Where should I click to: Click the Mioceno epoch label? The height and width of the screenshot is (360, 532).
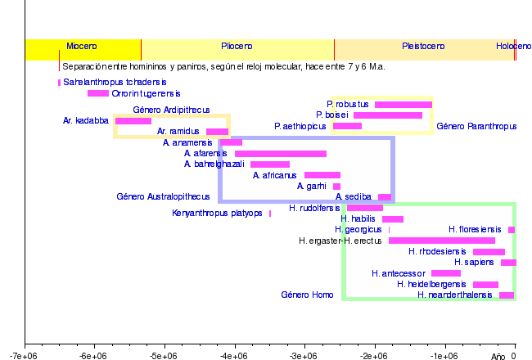[82, 47]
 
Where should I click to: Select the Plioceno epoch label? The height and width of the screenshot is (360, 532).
[237, 47]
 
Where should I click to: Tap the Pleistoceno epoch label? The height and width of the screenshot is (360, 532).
[423, 47]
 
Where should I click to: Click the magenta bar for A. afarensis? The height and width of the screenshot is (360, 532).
[281, 154]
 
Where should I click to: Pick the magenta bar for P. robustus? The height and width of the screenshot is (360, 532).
[403, 105]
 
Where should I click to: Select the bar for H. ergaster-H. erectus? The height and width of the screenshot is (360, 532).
[442, 241]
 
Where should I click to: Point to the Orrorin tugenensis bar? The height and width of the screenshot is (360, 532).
[98, 93]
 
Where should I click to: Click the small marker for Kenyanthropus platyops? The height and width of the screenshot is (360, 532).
[270, 214]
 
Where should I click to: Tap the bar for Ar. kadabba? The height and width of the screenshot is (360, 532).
[133, 121]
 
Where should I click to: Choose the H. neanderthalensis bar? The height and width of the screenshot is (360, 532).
[507, 295]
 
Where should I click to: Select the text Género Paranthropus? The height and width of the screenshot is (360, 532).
[476, 127]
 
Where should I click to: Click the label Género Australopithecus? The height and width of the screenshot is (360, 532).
[163, 197]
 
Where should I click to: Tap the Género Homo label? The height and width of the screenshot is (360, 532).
[307, 295]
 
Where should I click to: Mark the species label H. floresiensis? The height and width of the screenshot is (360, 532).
[476, 230]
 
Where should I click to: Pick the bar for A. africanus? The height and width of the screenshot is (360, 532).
[322, 175]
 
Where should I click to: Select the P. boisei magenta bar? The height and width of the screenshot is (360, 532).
[388, 115]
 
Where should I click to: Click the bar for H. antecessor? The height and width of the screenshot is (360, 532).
[446, 273]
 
